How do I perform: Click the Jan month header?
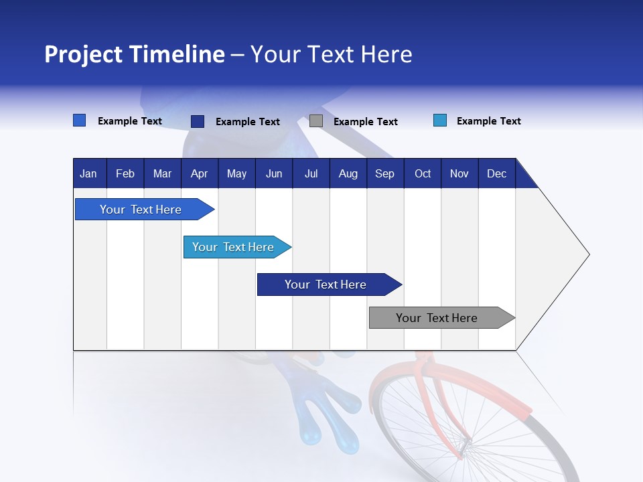pyautogui.click(x=88, y=173)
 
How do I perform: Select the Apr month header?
pyautogui.click(x=199, y=173)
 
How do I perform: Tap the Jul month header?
pyautogui.click(x=311, y=173)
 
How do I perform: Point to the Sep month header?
pyautogui.click(x=384, y=173)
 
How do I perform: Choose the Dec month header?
pyautogui.click(x=496, y=173)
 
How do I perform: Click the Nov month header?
pyautogui.click(x=459, y=173)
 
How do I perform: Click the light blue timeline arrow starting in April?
pyautogui.click(x=234, y=247)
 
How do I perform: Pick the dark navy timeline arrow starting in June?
pyautogui.click(x=327, y=285)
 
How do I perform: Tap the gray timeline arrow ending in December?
pyautogui.click(x=439, y=318)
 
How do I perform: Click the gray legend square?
pyautogui.click(x=316, y=121)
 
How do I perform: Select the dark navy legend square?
pyautogui.click(x=198, y=121)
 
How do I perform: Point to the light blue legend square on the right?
pyautogui.click(x=440, y=120)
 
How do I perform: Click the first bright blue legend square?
pyautogui.click(x=80, y=120)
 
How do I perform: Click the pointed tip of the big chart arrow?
pyautogui.click(x=587, y=254)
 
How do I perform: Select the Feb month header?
pyautogui.click(x=125, y=173)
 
